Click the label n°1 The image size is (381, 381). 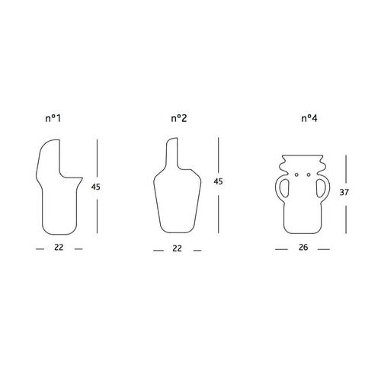56,119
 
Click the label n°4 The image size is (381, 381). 309,119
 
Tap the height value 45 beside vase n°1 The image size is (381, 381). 95,187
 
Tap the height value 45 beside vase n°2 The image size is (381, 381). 218,182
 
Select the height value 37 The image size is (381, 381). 344,194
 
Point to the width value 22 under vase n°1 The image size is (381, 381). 59,248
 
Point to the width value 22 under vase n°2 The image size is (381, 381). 178,249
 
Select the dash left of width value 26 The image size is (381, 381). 280,249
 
